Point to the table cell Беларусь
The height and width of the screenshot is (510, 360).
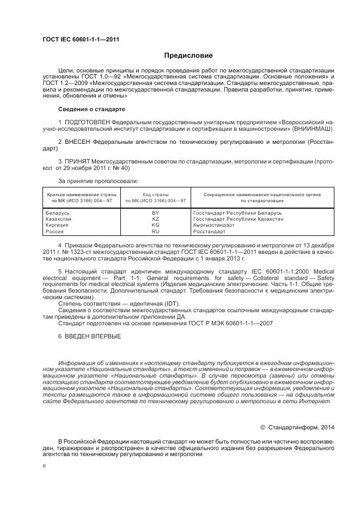pos(57,212)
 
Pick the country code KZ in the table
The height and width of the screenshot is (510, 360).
pos(155,218)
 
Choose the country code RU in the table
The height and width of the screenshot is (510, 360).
pos(155,232)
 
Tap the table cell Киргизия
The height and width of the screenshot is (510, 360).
pos(57,225)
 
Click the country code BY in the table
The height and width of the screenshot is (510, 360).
pos(155,212)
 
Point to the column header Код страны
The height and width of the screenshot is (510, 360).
pos(155,195)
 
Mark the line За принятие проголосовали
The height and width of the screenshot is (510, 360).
pos(98,180)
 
